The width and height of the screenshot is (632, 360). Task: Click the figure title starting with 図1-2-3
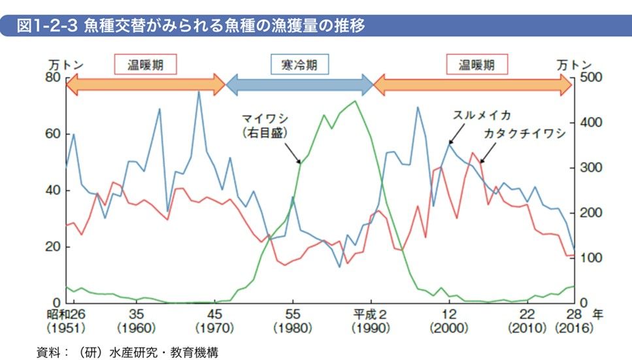click(x=190, y=26)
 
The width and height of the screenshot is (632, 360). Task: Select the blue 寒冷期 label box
click(x=299, y=64)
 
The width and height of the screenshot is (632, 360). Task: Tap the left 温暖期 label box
click(x=146, y=64)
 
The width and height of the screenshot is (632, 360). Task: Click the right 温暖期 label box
click(x=476, y=64)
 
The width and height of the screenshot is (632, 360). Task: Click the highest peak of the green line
click(x=354, y=101)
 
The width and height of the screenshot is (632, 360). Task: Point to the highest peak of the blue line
click(x=199, y=91)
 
